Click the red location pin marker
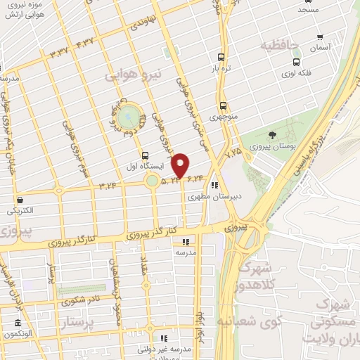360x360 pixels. pyautogui.click(x=181, y=165)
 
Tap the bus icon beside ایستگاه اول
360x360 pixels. pyautogui.click(x=145, y=155)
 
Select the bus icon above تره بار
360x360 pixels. pyautogui.click(x=222, y=58)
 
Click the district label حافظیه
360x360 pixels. pyautogui.click(x=280, y=46)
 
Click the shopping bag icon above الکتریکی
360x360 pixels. pyautogui.click(x=19, y=200)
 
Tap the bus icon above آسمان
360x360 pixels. pyautogui.click(x=320, y=37)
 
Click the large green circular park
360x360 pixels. pyautogui.click(x=128, y=117)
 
